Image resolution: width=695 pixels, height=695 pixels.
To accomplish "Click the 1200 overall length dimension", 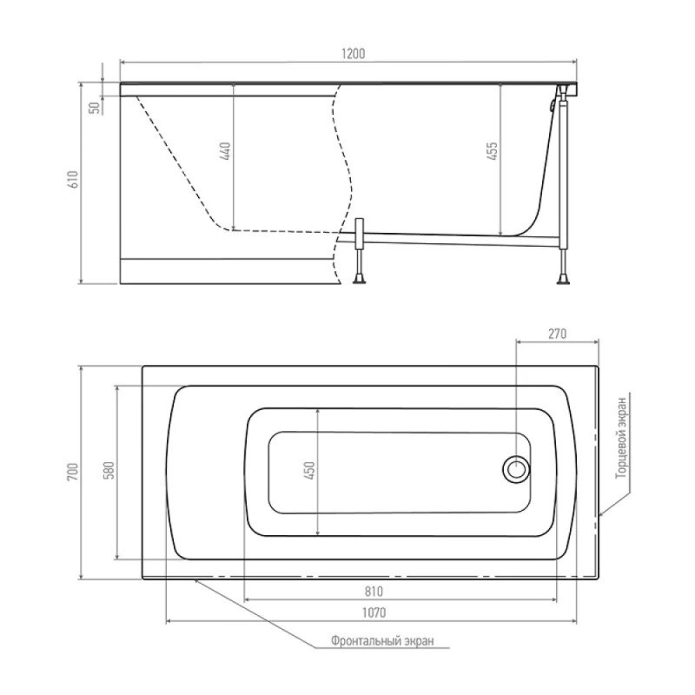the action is click(x=354, y=54).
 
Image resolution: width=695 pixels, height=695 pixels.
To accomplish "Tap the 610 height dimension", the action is click(x=73, y=179).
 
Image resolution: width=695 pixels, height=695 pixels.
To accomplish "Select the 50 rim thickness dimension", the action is click(x=95, y=108).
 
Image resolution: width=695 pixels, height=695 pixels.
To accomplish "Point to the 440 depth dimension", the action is click(x=225, y=151).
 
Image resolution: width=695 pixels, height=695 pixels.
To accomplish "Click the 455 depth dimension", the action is click(x=493, y=151).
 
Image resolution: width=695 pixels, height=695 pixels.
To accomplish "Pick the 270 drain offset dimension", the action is click(x=557, y=334).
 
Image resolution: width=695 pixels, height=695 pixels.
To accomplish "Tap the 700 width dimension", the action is click(x=73, y=472).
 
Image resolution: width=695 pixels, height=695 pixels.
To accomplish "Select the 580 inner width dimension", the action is click(x=109, y=470).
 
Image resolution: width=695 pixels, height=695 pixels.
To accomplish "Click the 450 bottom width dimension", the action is click(x=310, y=470).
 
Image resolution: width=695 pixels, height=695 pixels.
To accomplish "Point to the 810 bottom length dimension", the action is click(x=374, y=592).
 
